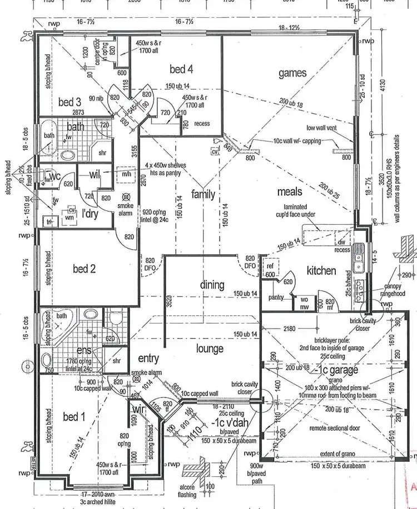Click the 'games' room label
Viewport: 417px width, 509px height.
coord(292,73)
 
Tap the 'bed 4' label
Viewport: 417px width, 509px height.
coord(181,69)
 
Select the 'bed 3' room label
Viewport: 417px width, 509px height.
coord(70,102)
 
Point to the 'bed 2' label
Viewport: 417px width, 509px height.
coord(85,269)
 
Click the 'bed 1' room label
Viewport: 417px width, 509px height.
coord(74,417)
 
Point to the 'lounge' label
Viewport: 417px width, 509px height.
coord(210,349)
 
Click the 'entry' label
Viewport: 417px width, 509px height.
coord(149,358)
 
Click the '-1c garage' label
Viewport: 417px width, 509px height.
coord(335,370)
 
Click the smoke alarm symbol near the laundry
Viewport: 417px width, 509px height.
coord(126,197)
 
